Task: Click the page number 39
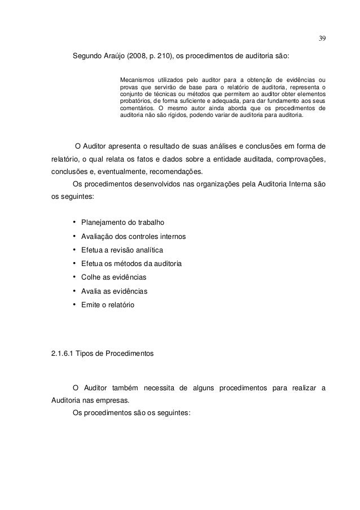point(322,39)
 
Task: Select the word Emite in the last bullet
point(91,305)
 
